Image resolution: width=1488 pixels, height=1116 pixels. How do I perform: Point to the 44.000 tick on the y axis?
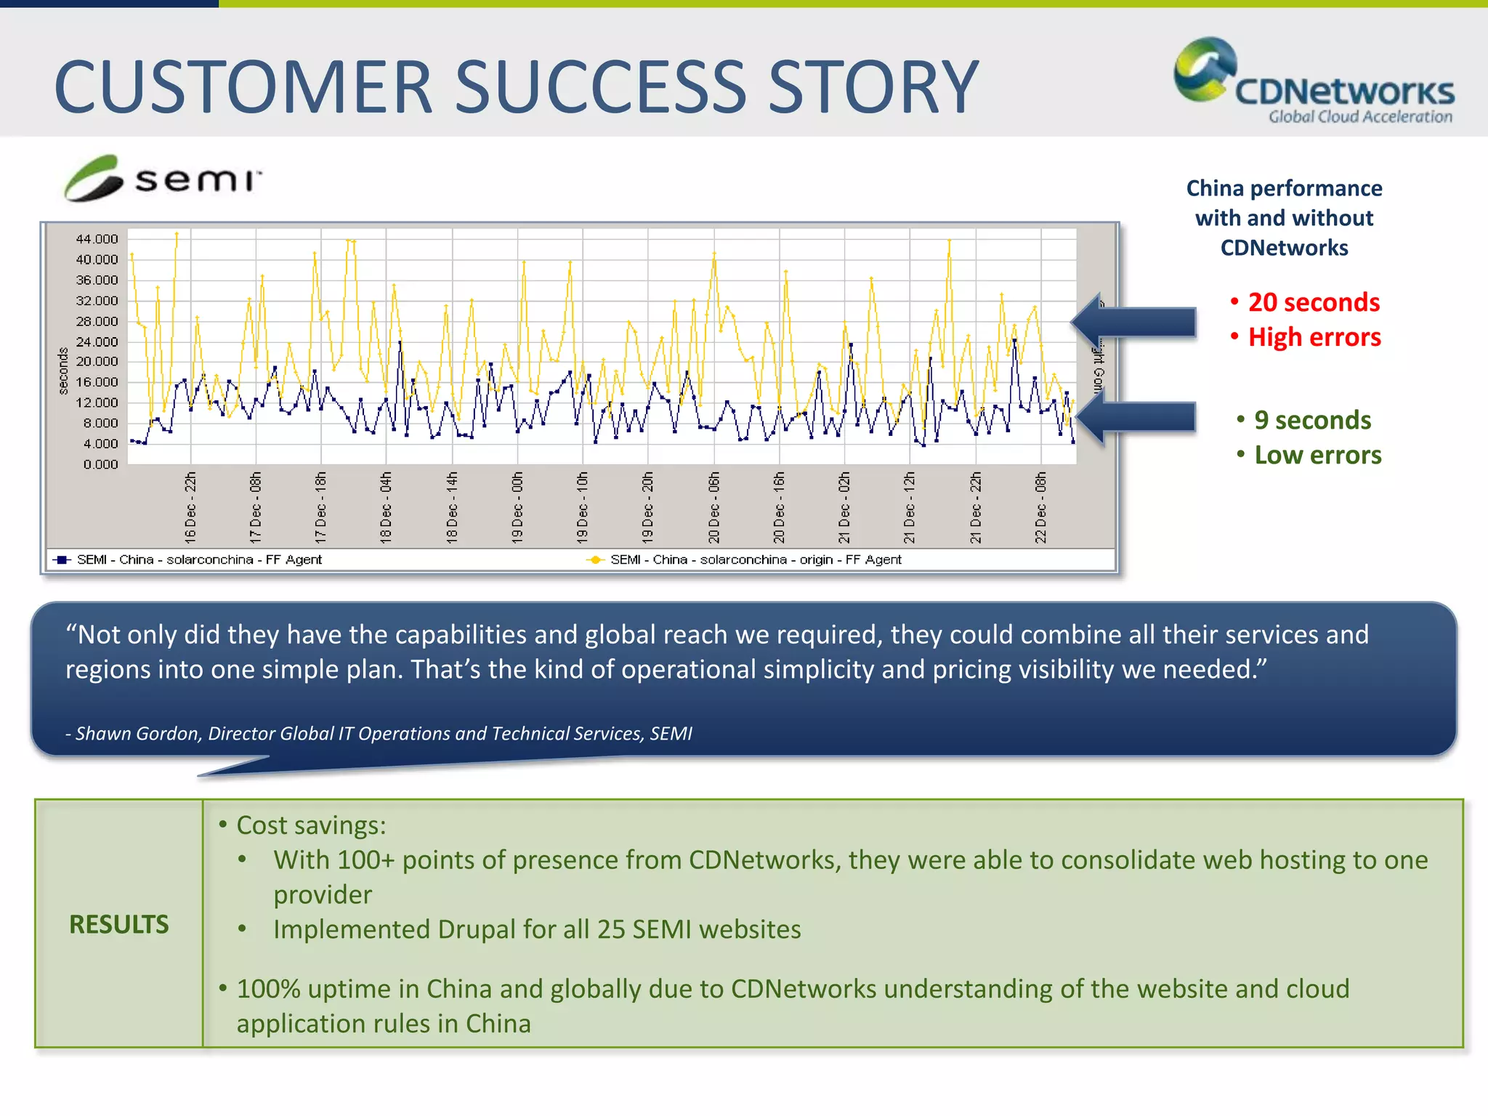pos(97,239)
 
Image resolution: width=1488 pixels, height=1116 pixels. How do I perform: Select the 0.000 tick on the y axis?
pos(100,464)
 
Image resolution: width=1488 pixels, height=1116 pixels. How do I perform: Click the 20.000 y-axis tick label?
pos(97,361)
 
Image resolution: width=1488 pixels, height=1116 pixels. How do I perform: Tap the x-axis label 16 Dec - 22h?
pos(190,507)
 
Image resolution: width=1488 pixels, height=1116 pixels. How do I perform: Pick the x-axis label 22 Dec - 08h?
pos(1041,507)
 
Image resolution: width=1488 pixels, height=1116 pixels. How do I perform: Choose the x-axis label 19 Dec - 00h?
pos(517,507)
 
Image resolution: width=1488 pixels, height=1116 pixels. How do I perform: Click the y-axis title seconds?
pos(63,371)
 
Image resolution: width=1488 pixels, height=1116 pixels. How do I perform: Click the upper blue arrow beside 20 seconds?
pos(1137,322)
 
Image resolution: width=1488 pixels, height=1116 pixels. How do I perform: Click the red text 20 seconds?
pos(1313,302)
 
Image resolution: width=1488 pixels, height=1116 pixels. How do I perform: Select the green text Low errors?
pos(1317,455)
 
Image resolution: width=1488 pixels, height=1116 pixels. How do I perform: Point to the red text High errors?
pos(1314,337)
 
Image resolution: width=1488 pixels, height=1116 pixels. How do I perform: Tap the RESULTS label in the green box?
pos(119,924)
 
